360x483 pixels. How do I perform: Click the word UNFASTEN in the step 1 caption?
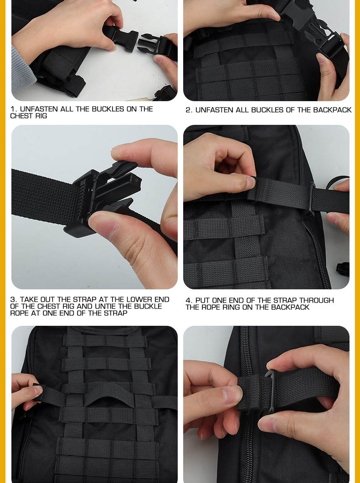pos(39,109)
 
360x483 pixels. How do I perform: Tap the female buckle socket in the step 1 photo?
pos(121,37)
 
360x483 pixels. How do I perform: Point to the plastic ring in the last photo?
pos(270,391)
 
